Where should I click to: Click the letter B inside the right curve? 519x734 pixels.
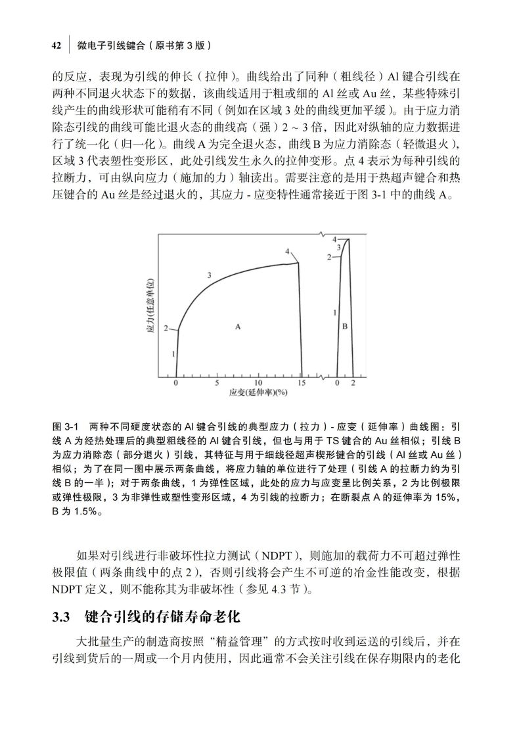pos(345,325)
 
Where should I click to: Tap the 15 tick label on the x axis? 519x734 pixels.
pos(301,383)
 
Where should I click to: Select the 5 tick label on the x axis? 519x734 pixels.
pos(216,383)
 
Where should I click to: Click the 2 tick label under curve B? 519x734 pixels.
pos(353,383)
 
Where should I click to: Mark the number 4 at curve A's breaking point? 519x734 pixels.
pos(288,252)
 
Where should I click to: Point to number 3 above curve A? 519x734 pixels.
pos(209,275)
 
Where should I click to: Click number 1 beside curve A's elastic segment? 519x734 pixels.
pos(173,354)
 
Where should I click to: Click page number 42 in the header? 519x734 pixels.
pos(56,45)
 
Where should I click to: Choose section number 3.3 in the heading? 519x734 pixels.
pos(61,618)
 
